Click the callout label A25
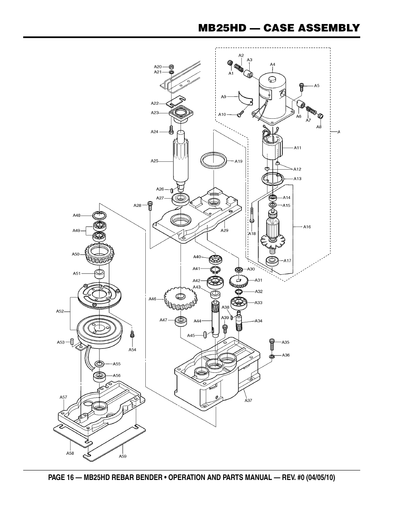coord(154,161)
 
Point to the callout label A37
coord(248,400)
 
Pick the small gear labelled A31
coord(239,281)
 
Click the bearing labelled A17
coord(272,261)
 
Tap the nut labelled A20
coord(171,66)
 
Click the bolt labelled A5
coord(301,86)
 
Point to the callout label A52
coord(60,311)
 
